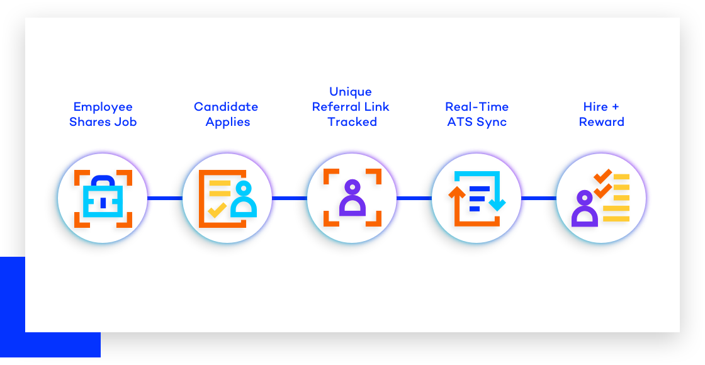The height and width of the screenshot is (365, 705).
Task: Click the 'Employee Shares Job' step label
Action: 103,114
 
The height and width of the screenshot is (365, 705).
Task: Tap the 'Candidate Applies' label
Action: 226,114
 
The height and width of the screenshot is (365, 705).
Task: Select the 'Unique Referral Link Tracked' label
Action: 351,106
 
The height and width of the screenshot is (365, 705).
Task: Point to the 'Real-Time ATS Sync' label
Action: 477,114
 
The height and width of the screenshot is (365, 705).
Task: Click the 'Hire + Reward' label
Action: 601,114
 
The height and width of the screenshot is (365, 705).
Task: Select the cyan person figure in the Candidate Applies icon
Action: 244,201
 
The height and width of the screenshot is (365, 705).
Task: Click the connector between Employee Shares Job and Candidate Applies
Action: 165,198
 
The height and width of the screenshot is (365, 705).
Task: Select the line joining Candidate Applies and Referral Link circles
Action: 290,198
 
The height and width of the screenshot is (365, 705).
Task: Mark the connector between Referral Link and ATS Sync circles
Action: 414,198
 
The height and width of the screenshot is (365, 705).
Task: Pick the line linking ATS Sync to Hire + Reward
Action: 539,198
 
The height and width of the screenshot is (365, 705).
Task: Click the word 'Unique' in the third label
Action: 351,92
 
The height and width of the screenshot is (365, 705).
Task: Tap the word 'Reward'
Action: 602,122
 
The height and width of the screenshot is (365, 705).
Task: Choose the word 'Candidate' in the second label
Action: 226,107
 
